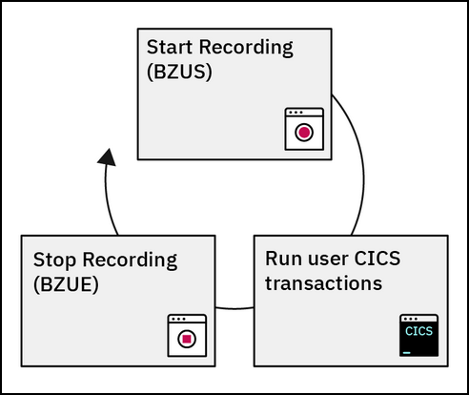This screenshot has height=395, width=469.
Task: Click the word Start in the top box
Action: (x=170, y=47)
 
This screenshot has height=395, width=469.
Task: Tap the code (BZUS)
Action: (x=179, y=72)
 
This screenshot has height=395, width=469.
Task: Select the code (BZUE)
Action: (x=66, y=284)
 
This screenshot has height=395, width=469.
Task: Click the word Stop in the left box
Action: (x=54, y=260)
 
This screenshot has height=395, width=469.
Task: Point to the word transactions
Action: (x=324, y=283)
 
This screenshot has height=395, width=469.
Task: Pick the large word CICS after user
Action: (x=377, y=259)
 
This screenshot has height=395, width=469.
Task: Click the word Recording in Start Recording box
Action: (x=246, y=48)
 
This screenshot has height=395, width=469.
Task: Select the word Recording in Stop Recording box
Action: (x=130, y=260)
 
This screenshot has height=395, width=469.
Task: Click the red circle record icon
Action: (x=304, y=133)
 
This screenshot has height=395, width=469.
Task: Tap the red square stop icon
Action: (x=187, y=339)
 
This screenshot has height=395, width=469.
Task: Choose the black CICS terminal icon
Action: (x=419, y=336)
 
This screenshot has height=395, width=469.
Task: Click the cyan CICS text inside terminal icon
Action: (x=418, y=331)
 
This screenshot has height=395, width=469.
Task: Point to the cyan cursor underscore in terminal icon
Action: (x=406, y=353)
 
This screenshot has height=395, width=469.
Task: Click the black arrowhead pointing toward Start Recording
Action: (x=107, y=157)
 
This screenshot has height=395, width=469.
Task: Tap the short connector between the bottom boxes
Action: (x=234, y=308)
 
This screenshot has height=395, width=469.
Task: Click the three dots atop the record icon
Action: (x=296, y=113)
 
